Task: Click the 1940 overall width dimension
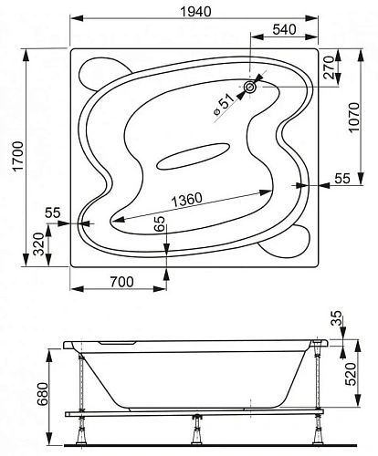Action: click(x=195, y=12)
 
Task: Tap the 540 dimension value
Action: click(x=284, y=29)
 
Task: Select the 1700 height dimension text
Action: click(x=18, y=157)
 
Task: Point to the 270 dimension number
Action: click(x=330, y=67)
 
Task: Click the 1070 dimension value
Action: click(x=354, y=118)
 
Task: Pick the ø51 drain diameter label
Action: click(x=225, y=104)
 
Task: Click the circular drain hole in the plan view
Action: click(x=250, y=88)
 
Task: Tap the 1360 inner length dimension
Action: click(x=187, y=199)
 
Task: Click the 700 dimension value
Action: click(x=121, y=282)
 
